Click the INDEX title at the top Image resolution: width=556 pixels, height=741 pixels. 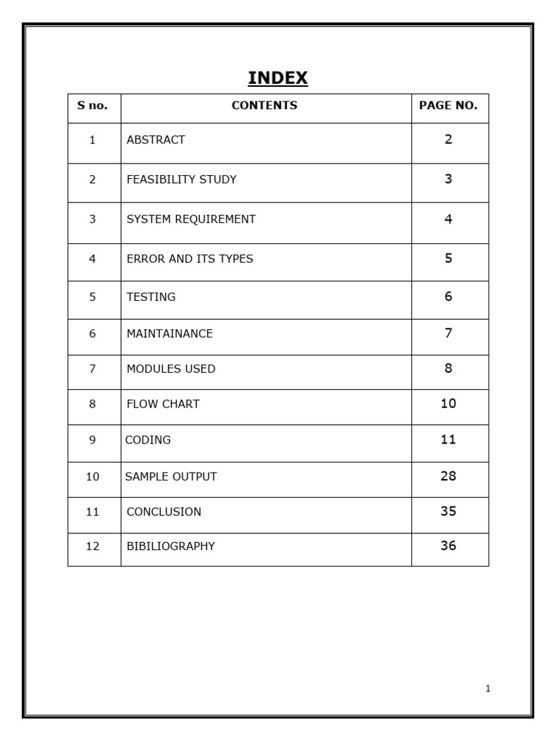click(x=278, y=78)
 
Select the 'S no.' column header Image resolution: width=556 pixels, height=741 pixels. click(x=93, y=106)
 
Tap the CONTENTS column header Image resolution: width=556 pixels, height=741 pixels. click(x=264, y=106)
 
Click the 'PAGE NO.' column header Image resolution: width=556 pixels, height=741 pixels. click(x=448, y=106)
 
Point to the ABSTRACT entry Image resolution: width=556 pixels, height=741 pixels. click(x=156, y=140)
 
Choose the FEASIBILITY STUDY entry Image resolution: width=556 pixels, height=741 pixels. click(x=181, y=179)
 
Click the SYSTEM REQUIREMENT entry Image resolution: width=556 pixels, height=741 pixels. click(x=191, y=219)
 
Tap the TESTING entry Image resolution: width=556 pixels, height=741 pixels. click(x=151, y=297)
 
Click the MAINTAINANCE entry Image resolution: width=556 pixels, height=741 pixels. click(x=169, y=334)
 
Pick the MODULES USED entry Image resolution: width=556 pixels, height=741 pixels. click(x=171, y=369)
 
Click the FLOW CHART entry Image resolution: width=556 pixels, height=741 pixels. click(x=163, y=405)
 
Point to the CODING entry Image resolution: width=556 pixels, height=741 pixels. click(x=148, y=440)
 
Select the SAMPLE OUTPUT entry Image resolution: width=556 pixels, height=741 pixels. click(x=171, y=477)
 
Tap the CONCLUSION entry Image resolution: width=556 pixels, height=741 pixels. click(x=164, y=512)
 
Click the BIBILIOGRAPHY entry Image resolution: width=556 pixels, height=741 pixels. click(x=170, y=546)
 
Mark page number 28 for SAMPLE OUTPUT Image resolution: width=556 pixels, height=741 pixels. click(x=448, y=476)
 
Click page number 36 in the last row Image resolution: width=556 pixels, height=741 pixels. click(x=448, y=546)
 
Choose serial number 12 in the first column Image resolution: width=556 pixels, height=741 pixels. click(x=92, y=546)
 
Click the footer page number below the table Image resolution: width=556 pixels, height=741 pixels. click(x=488, y=689)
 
